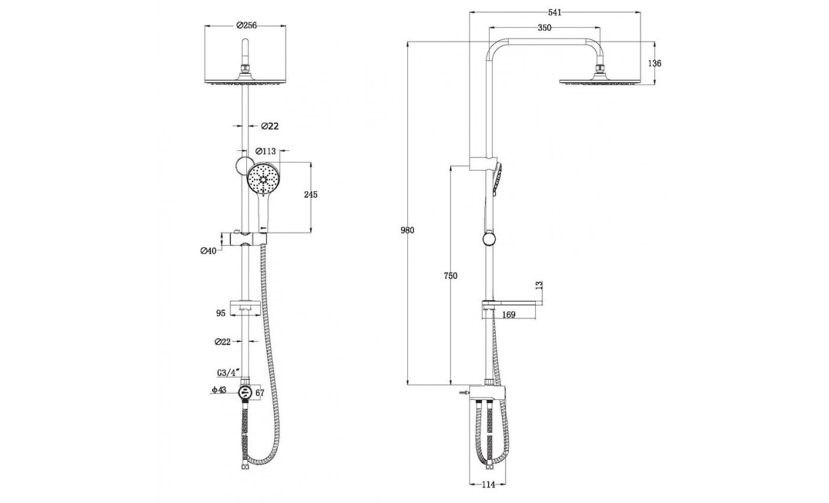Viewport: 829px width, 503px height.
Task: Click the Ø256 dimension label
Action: coord(246,25)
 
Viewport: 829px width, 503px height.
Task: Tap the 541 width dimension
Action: coord(555,12)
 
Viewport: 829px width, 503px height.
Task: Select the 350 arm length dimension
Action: coord(544,28)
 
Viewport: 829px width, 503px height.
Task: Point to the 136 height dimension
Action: coord(654,63)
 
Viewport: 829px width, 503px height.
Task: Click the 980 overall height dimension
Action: coord(407,230)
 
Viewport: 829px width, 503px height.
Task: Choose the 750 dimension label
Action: coord(451,276)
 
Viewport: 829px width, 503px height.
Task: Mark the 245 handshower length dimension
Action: coord(310,195)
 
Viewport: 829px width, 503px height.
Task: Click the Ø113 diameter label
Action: coord(266,151)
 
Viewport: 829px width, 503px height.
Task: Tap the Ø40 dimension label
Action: coord(208,251)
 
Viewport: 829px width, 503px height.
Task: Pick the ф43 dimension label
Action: coord(219,390)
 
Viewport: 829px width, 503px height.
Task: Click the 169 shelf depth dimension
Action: coord(509,315)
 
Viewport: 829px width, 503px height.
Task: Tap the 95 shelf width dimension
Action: coord(220,313)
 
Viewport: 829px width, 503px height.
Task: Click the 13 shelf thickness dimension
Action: coord(539,285)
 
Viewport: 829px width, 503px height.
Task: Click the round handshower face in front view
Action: coord(263,179)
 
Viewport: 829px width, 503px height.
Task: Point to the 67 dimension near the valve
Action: coord(260,393)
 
